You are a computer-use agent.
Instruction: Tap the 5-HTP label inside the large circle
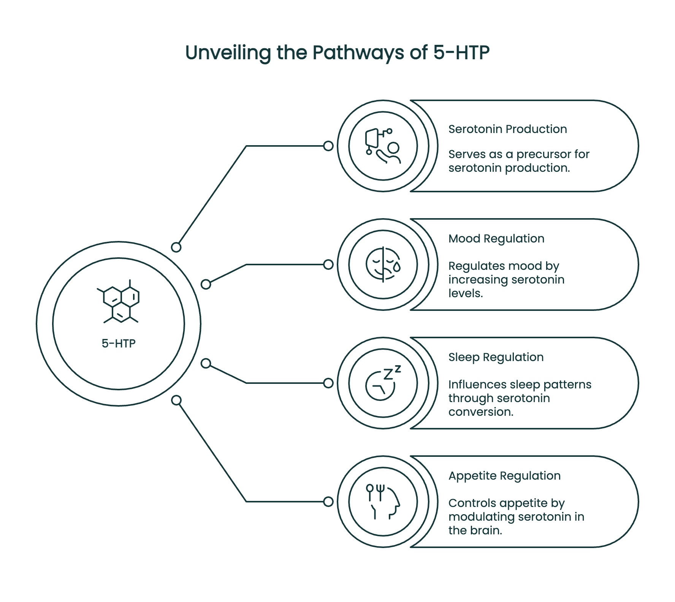pyautogui.click(x=119, y=344)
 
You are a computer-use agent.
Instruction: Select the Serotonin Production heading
pyautogui.click(x=507, y=129)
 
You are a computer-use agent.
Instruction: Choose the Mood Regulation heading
pyautogui.click(x=496, y=239)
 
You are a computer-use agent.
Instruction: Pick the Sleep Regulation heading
pyautogui.click(x=496, y=357)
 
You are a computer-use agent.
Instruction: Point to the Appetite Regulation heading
pyautogui.click(x=504, y=476)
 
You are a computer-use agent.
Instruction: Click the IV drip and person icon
pyautogui.click(x=383, y=146)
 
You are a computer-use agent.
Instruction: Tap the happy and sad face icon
pyautogui.click(x=383, y=265)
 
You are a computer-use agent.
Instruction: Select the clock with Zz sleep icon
pyautogui.click(x=383, y=383)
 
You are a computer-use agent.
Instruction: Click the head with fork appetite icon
pyautogui.click(x=383, y=502)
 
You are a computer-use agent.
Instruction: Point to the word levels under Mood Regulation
pyautogui.click(x=465, y=293)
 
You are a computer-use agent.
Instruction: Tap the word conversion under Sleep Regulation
pyautogui.click(x=481, y=412)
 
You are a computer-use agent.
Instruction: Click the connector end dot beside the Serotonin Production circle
pyautogui.click(x=328, y=146)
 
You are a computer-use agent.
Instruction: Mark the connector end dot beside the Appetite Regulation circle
pyautogui.click(x=328, y=502)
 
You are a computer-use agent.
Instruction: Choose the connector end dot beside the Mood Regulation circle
pyautogui.click(x=328, y=265)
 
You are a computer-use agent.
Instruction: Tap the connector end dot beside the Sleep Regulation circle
pyautogui.click(x=328, y=383)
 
